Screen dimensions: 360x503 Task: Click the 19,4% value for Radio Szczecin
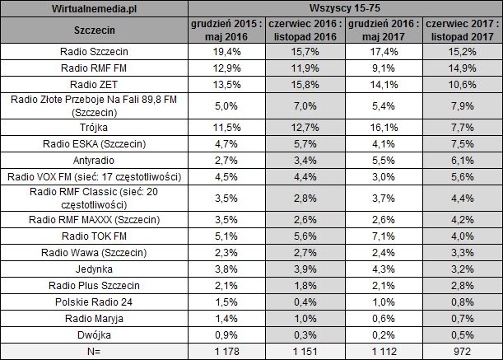[227, 50]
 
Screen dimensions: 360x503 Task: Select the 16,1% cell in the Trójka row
[384, 128]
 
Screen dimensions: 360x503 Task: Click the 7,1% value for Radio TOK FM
[384, 238]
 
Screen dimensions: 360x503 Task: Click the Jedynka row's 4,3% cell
[384, 269]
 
